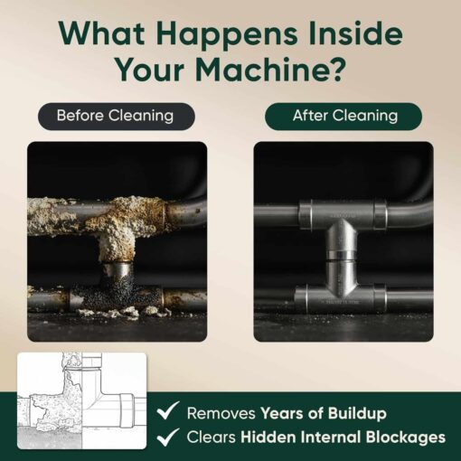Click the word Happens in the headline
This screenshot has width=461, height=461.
226,35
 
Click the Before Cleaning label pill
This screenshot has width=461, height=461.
117,117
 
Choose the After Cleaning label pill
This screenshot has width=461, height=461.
343,117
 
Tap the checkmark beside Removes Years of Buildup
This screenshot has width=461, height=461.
168,410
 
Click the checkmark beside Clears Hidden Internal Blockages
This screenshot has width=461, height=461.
168,437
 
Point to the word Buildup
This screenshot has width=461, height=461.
357,413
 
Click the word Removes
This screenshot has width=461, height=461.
221,413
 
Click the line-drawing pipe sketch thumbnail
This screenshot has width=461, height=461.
82,400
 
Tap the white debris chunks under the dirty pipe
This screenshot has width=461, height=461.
120,312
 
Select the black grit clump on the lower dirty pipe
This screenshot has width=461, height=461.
118,296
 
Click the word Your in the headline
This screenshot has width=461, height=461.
149,70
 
